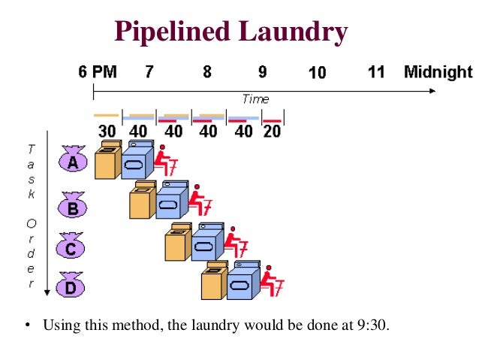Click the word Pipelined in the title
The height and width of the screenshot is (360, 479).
[x=171, y=32]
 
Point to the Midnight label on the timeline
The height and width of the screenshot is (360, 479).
[x=438, y=72]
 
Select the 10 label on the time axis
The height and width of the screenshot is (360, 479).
[x=317, y=73]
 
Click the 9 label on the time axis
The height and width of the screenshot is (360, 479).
[x=263, y=72]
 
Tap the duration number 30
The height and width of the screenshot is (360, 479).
[x=107, y=131]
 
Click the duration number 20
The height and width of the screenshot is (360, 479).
[x=272, y=131]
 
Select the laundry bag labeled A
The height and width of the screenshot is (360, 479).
[x=73, y=161]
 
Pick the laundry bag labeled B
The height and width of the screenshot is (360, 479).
[x=73, y=205]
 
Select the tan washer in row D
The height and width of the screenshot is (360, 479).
[x=213, y=283]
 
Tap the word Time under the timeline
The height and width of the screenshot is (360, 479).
[x=255, y=99]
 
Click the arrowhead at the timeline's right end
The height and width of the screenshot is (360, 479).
[x=431, y=91]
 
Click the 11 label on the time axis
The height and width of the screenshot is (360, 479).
[x=376, y=72]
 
